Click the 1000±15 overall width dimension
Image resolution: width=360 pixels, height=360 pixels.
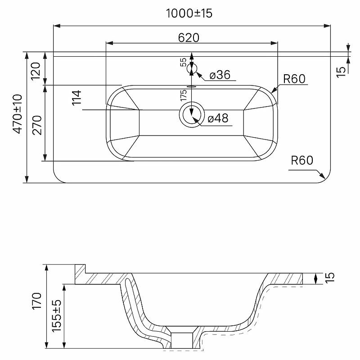pyautogui.click(x=189, y=13)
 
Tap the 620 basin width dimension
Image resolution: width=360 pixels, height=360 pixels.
pyautogui.click(x=189, y=38)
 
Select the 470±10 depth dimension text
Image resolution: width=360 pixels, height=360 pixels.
pyautogui.click(x=18, y=114)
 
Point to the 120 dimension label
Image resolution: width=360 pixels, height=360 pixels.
pyautogui.click(x=36, y=71)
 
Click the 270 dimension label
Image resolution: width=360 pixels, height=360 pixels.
pyautogui.click(x=37, y=125)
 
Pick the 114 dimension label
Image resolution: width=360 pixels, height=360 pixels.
pyautogui.click(x=76, y=98)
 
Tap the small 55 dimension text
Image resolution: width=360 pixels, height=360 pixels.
pyautogui.click(x=184, y=62)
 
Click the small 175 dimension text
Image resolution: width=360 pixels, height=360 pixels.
pyautogui.click(x=184, y=95)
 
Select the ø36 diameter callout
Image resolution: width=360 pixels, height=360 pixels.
pyautogui.click(x=220, y=75)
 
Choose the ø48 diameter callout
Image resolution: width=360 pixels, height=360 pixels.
pyautogui.click(x=218, y=118)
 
